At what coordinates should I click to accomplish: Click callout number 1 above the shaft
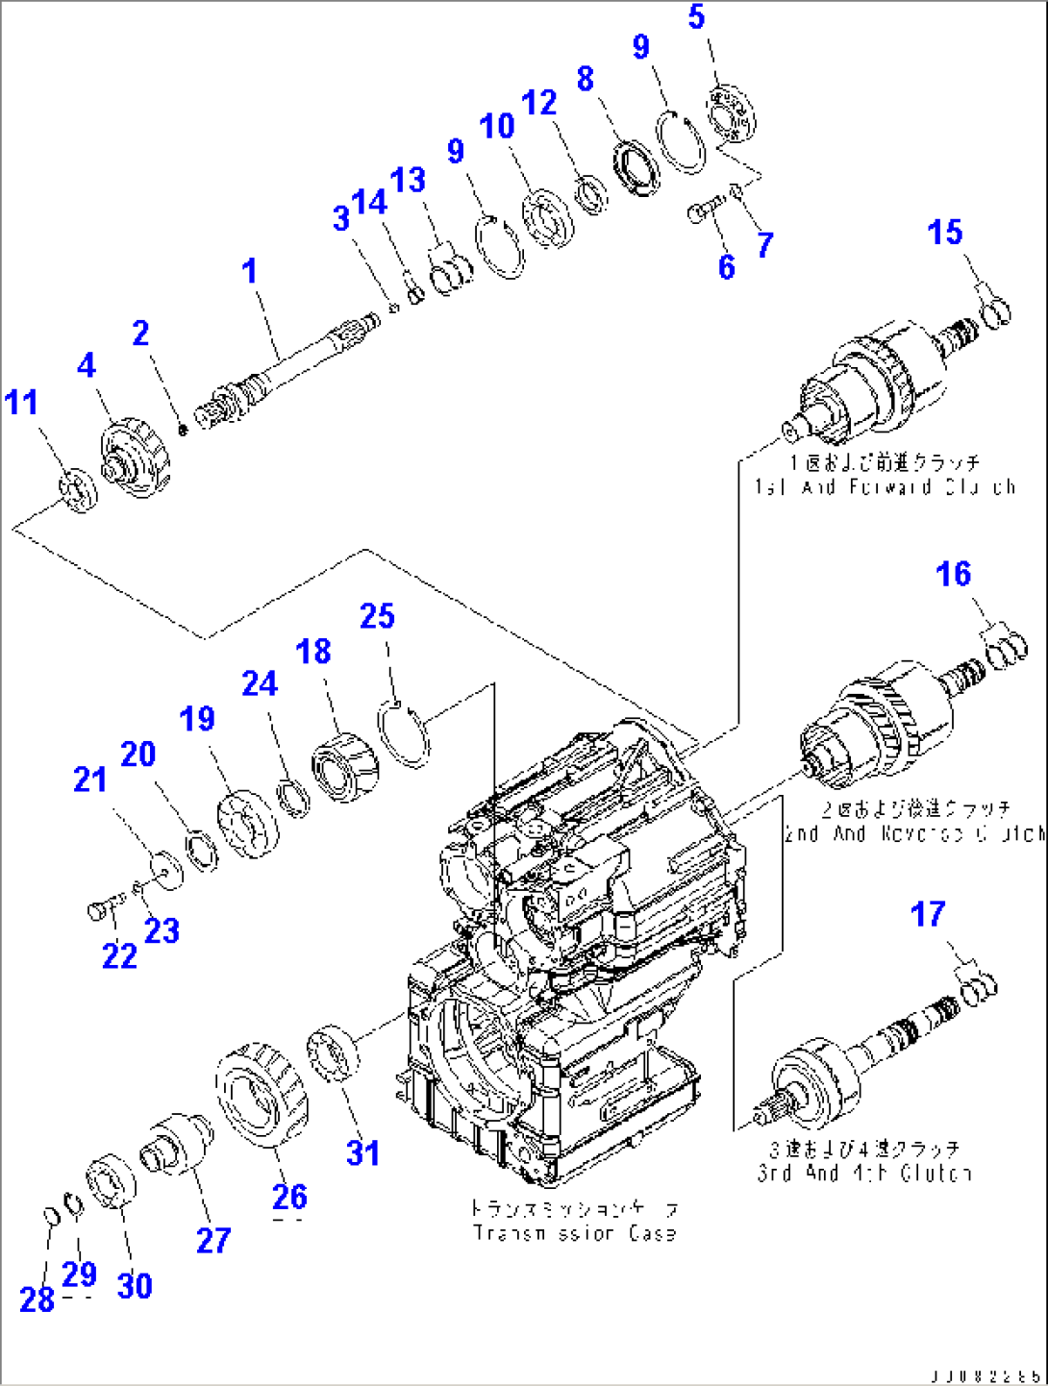tap(250, 271)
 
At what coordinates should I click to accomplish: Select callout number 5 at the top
tap(697, 16)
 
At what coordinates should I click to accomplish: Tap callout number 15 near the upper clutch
tap(945, 232)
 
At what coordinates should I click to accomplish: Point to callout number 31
tap(362, 1152)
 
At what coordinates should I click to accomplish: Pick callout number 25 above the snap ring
tap(377, 616)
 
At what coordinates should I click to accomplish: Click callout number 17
tap(928, 914)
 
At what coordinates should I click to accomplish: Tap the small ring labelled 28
tap(52, 1216)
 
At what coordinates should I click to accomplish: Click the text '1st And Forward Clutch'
tap(884, 486)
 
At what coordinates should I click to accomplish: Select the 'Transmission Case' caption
tap(574, 1232)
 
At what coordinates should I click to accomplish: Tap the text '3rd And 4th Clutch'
tap(863, 1173)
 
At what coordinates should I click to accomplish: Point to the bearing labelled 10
tap(547, 220)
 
